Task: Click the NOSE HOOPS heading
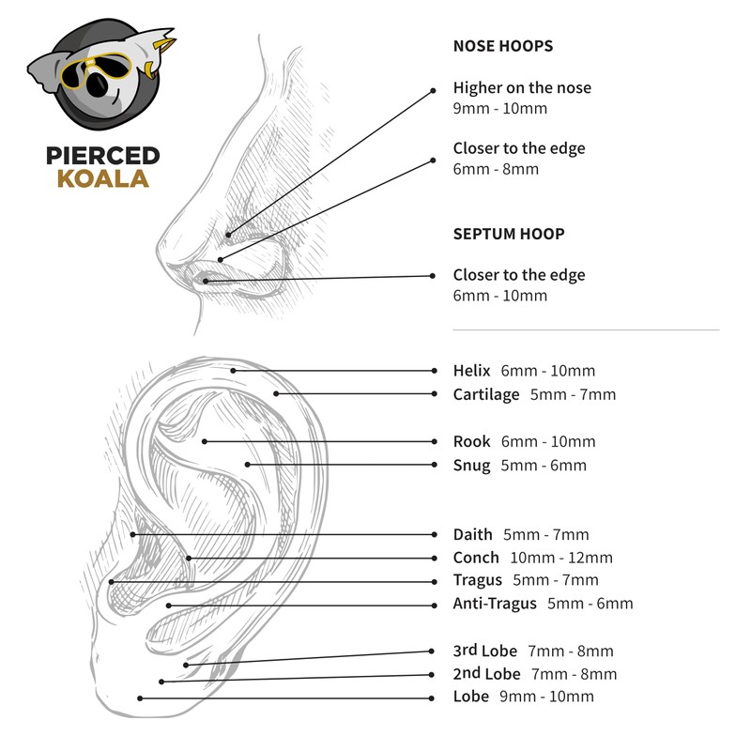502,46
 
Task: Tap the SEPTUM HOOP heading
509,234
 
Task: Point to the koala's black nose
97,88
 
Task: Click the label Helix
472,371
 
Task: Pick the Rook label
472,441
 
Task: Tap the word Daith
473,534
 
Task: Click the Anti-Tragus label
495,604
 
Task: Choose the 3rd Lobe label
485,651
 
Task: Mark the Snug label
472,466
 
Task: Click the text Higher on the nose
522,88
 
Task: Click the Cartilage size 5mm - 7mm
573,394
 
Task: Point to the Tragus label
478,580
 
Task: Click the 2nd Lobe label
487,674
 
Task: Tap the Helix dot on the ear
234,371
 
